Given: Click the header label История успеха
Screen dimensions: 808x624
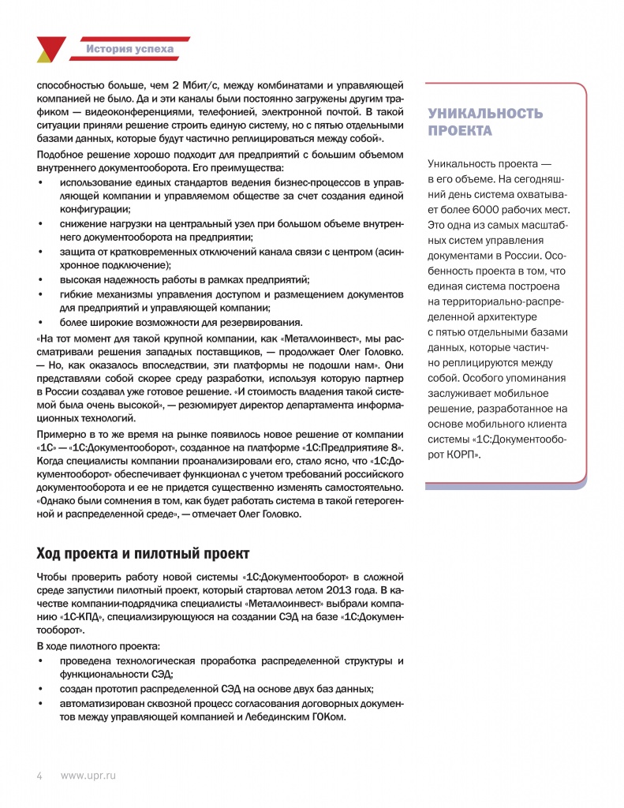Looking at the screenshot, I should [130, 50].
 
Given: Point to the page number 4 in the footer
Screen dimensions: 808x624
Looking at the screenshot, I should [39, 776].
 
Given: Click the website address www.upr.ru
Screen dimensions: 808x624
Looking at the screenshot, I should [88, 776].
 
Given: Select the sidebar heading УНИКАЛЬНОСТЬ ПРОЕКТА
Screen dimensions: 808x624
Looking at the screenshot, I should [484, 122].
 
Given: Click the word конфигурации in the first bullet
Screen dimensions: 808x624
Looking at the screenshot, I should [95, 209].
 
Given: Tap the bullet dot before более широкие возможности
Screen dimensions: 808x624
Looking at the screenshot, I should [41, 322].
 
